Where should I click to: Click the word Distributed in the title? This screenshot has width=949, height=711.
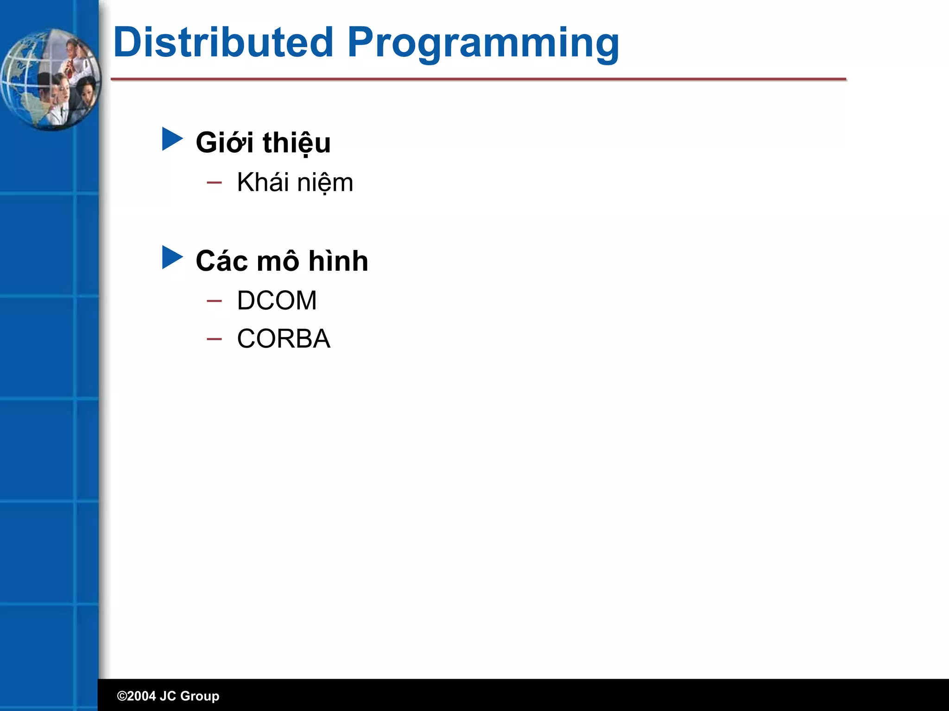click(223, 43)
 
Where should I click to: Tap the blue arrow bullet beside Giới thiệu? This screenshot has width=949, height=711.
click(172, 139)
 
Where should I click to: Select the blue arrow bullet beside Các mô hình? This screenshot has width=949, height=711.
click(172, 257)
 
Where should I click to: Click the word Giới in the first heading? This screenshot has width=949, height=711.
click(224, 143)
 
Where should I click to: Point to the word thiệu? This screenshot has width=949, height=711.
click(297, 143)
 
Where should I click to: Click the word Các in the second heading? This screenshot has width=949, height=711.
click(221, 261)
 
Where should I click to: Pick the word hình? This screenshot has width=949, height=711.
click(338, 261)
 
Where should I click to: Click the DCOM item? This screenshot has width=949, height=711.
click(277, 300)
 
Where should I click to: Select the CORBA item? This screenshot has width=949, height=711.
click(284, 339)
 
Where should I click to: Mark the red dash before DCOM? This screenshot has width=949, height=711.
click(214, 301)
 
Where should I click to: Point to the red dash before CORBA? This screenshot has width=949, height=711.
click(214, 339)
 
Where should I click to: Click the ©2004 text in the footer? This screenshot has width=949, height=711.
click(136, 696)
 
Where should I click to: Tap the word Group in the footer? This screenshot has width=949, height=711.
click(199, 696)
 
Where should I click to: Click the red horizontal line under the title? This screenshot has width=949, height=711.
click(478, 80)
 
